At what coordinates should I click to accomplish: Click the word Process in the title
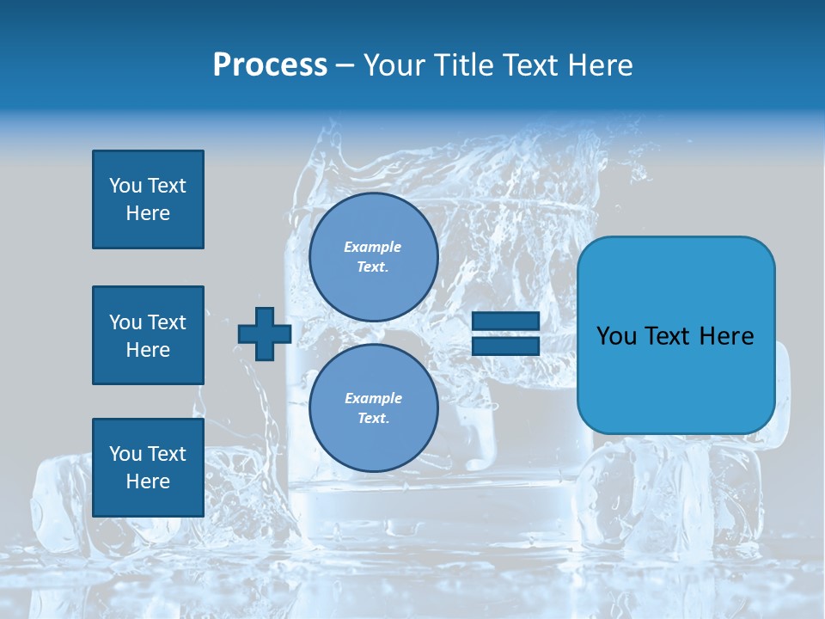tap(270, 65)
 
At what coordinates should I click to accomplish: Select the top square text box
tap(148, 199)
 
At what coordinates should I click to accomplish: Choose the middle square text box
tap(148, 335)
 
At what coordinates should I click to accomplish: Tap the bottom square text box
tap(148, 468)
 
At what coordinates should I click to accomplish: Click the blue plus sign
tap(264, 334)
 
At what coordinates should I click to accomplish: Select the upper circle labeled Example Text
tap(373, 256)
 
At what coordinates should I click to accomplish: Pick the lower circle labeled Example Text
tap(373, 408)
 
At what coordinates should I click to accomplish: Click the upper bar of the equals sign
tap(505, 322)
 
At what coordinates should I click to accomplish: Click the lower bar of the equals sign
tap(505, 346)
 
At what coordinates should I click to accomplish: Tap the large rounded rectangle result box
tap(675, 335)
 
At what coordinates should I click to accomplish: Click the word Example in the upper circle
tap(373, 247)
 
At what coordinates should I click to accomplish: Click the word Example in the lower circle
tap(373, 398)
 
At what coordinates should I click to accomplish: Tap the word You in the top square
tap(125, 186)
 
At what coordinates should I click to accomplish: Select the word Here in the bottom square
tap(148, 482)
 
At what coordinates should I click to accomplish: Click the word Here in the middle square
tap(148, 350)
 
